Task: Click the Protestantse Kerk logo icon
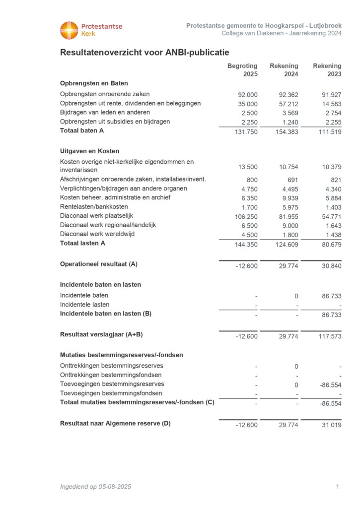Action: [x=69, y=30]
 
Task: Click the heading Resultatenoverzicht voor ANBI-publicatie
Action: [x=144, y=53]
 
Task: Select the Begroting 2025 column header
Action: [x=242, y=70]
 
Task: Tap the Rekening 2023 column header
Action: [x=327, y=70]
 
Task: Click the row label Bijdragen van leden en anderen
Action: [x=105, y=112]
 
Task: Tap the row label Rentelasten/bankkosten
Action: [x=94, y=206]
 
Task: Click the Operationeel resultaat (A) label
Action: [x=99, y=264]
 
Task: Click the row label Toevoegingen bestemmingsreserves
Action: [x=112, y=384]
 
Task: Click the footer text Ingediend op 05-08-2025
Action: [x=95, y=487]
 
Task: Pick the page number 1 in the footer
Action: [x=337, y=487]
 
